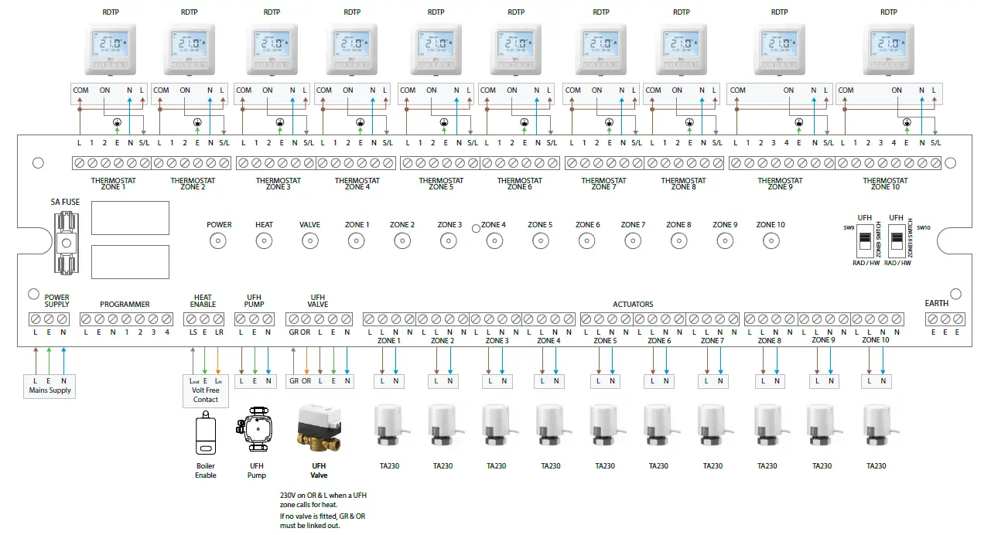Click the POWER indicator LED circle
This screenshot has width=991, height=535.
[219, 242]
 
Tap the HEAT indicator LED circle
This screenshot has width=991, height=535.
[265, 242]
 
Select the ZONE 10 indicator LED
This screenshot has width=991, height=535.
[771, 241]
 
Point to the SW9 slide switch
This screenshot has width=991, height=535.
[864, 244]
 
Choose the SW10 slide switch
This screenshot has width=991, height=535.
[897, 244]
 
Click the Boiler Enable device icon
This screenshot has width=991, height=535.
[205, 434]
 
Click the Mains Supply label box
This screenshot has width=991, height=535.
[50, 385]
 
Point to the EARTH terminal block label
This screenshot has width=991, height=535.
[937, 303]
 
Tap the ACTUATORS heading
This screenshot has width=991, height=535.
[633, 305]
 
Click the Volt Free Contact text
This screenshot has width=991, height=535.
[205, 394]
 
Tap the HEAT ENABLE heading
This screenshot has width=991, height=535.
[203, 301]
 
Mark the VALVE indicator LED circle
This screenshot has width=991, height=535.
[310, 242]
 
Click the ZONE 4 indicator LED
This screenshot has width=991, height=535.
[494, 241]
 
